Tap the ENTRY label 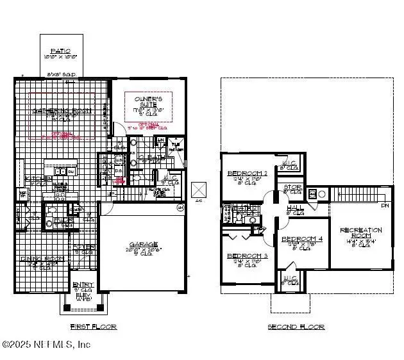[x=83, y=285]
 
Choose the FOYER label [x=84, y=247]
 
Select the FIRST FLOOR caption [x=93, y=327]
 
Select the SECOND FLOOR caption [x=296, y=327]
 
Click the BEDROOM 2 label [x=248, y=173]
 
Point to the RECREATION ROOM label [x=360, y=230]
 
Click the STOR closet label [x=292, y=188]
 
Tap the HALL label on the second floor [x=296, y=208]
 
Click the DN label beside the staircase [x=385, y=206]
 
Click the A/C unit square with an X [x=199, y=190]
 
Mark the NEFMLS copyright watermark [x=46, y=345]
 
